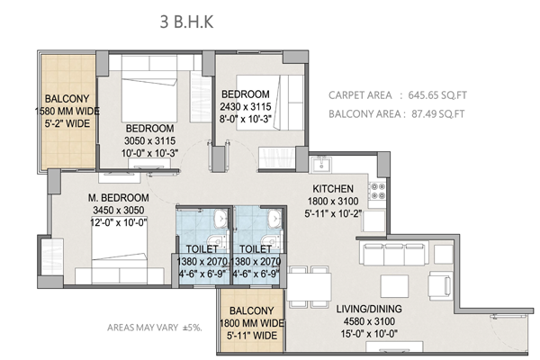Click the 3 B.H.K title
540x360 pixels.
(186, 22)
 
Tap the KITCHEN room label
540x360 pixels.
(333, 189)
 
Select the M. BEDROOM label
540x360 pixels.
(119, 198)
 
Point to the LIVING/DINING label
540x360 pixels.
(369, 309)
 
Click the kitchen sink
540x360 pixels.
(321, 165)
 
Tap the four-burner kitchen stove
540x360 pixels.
(377, 191)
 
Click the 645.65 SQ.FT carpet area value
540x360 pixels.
(437, 95)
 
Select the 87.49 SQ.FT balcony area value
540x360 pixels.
(438, 113)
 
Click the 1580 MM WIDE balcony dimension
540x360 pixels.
(67, 112)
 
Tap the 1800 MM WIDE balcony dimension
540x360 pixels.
(252, 323)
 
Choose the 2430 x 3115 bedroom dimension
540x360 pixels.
(246, 107)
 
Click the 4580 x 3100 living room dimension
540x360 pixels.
(369, 321)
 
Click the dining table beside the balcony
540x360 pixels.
(310, 287)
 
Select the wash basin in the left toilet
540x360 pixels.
(220, 218)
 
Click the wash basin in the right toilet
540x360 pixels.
(274, 218)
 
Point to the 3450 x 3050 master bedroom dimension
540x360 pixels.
(119, 210)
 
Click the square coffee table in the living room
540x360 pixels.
(394, 286)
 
